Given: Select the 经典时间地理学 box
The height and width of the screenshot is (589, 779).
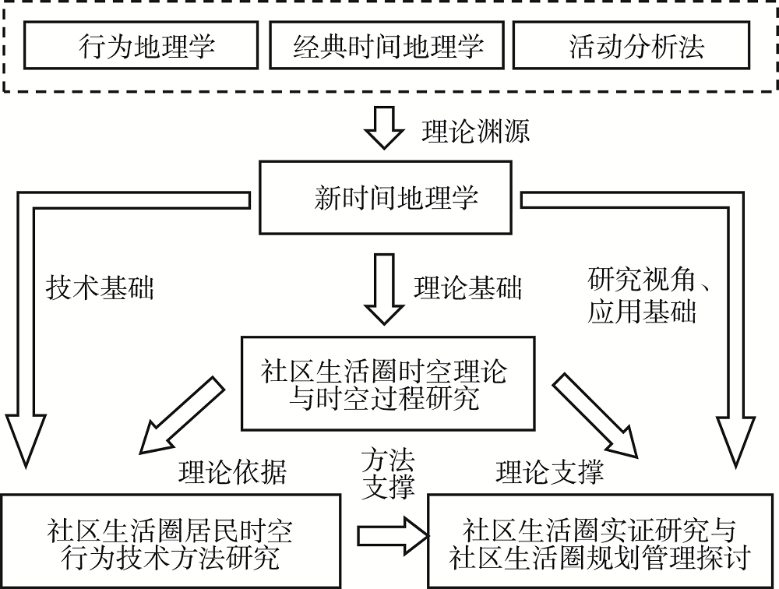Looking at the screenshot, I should [387, 46].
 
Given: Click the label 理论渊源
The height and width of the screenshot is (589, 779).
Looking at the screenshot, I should [475, 130].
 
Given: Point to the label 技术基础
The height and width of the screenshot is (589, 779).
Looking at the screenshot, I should [100, 288].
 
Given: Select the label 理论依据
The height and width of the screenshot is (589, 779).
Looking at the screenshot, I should [232, 471].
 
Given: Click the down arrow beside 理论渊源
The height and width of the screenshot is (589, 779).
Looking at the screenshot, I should [386, 129].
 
